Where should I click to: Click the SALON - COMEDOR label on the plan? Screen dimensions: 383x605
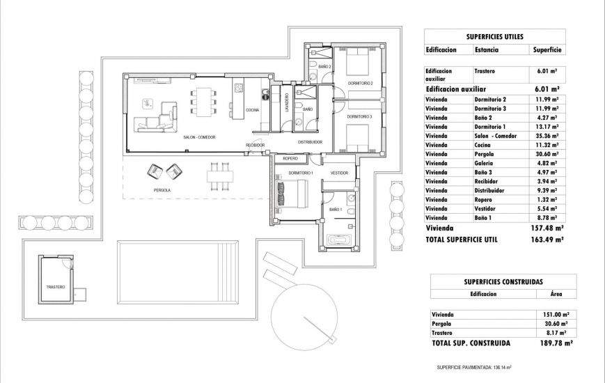click(x=198, y=138)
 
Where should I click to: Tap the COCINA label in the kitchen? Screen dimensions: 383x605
click(x=253, y=109)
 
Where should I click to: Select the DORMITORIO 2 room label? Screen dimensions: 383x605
click(x=361, y=84)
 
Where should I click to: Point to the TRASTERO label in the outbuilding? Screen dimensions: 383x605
click(x=56, y=287)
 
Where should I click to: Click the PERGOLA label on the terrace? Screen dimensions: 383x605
click(x=162, y=190)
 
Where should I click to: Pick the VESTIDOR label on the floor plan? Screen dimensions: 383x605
click(x=339, y=172)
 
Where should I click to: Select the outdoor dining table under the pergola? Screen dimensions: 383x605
click(x=219, y=177)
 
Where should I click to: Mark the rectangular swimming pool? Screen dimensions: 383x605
click(x=178, y=267)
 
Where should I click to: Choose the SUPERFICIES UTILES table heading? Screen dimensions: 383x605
click(x=494, y=36)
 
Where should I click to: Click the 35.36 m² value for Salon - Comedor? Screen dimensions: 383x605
click(x=548, y=136)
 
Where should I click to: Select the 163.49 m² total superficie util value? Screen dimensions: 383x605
click(x=547, y=238)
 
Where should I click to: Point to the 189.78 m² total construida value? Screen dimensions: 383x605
click(x=555, y=343)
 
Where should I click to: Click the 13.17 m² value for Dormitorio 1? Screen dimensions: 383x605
click(x=548, y=127)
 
